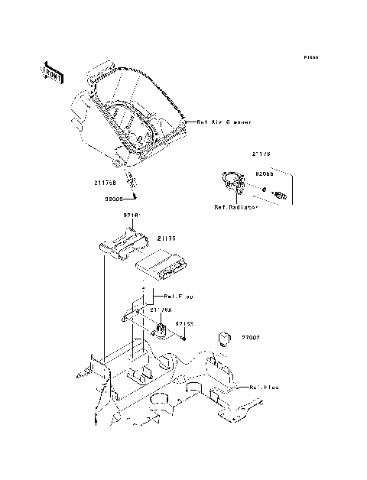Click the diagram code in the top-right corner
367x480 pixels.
click(310, 57)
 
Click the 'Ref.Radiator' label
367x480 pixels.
click(235, 207)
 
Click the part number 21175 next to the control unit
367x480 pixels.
click(167, 239)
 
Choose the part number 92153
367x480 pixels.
click(184, 323)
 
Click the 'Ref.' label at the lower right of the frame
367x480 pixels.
click(263, 388)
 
